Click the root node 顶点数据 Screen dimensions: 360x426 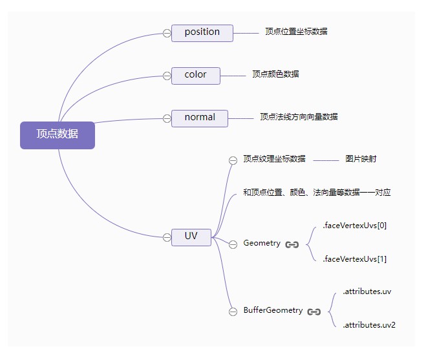pos(58,134)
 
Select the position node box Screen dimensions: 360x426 pos(202,32)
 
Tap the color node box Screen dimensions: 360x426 pos(195,75)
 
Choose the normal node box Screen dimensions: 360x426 pos(199,118)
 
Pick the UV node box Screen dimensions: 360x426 pos(191,237)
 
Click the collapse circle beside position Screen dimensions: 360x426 pos(167,33)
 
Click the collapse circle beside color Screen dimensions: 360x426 pos(167,76)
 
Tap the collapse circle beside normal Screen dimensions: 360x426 pos(167,118)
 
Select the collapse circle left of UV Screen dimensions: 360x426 pos(167,237)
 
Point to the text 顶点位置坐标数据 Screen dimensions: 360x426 pos(295,31)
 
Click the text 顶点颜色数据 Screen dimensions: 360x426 pos(275,74)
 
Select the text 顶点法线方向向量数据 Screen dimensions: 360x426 pos(299,117)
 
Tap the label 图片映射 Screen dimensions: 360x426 pos(361,159)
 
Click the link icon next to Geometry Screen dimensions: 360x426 pos(292,244)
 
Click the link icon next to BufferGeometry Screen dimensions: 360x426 pos(314,312)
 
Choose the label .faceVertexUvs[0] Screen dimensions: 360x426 pos(354,226)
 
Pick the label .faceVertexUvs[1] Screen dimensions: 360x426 pos(354,259)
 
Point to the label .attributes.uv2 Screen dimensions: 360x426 pos(368,325)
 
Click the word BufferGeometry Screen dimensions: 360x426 pos(273,310)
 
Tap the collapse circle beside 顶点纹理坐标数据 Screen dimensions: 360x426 pos(233,161)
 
